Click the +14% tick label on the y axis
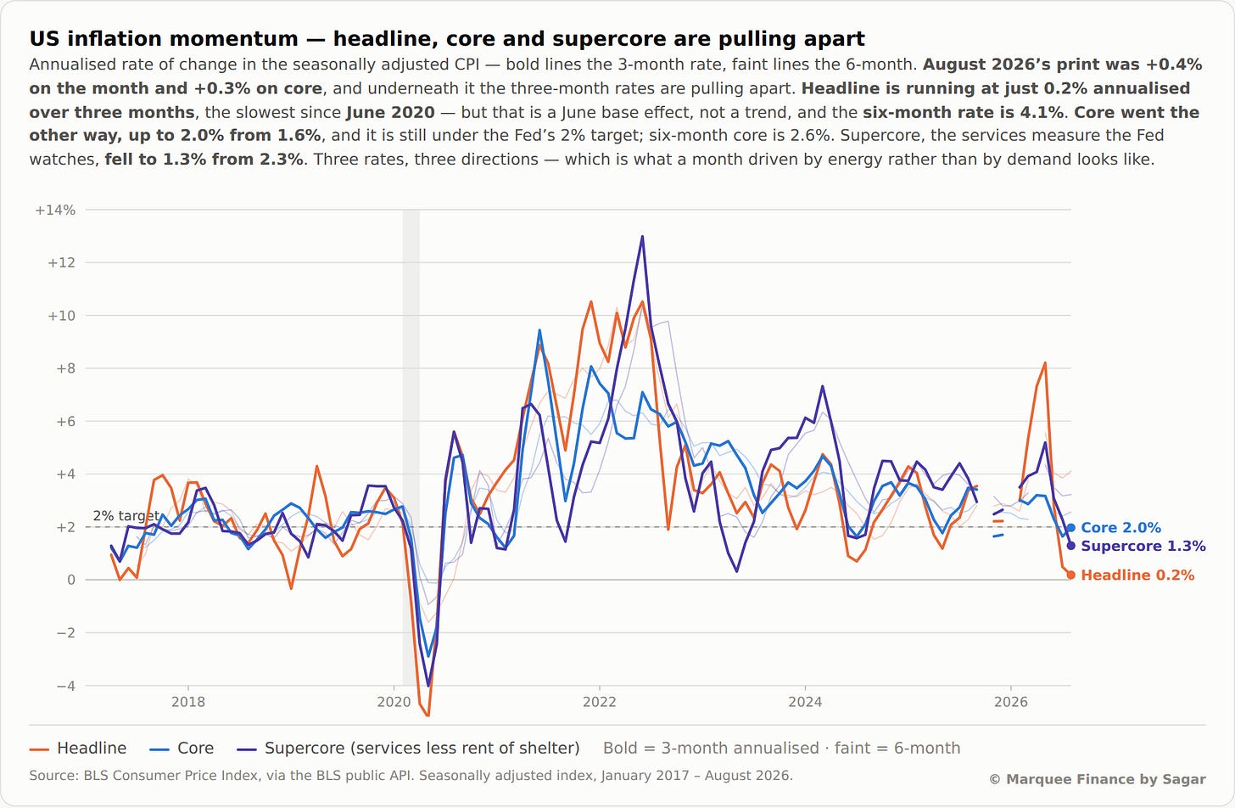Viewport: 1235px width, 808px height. [x=55, y=210]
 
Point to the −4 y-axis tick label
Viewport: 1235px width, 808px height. [x=65, y=686]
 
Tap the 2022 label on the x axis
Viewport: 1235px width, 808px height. [x=600, y=702]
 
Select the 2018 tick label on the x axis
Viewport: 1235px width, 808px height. [x=188, y=702]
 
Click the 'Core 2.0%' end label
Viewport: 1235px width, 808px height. [x=1120, y=528]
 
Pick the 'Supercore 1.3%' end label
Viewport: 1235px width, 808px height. [x=1143, y=546]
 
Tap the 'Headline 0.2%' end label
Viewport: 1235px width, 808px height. [x=1137, y=575]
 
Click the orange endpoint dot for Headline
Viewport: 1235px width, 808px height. [x=1070, y=575]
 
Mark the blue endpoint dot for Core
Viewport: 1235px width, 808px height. [x=1070, y=528]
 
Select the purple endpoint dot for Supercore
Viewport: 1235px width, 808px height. [x=1070, y=546]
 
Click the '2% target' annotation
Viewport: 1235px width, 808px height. [x=126, y=516]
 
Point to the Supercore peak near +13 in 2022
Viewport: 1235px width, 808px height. [x=642, y=237]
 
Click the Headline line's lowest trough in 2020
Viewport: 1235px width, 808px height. [x=427, y=715]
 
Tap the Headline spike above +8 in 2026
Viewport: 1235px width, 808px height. [x=1045, y=363]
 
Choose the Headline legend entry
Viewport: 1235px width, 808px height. [x=78, y=749]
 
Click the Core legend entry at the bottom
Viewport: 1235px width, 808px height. [x=182, y=749]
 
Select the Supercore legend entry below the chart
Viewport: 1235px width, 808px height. [x=408, y=749]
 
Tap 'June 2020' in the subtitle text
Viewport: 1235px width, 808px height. [x=390, y=113]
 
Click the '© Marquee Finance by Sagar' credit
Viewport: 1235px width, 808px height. [x=1098, y=779]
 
